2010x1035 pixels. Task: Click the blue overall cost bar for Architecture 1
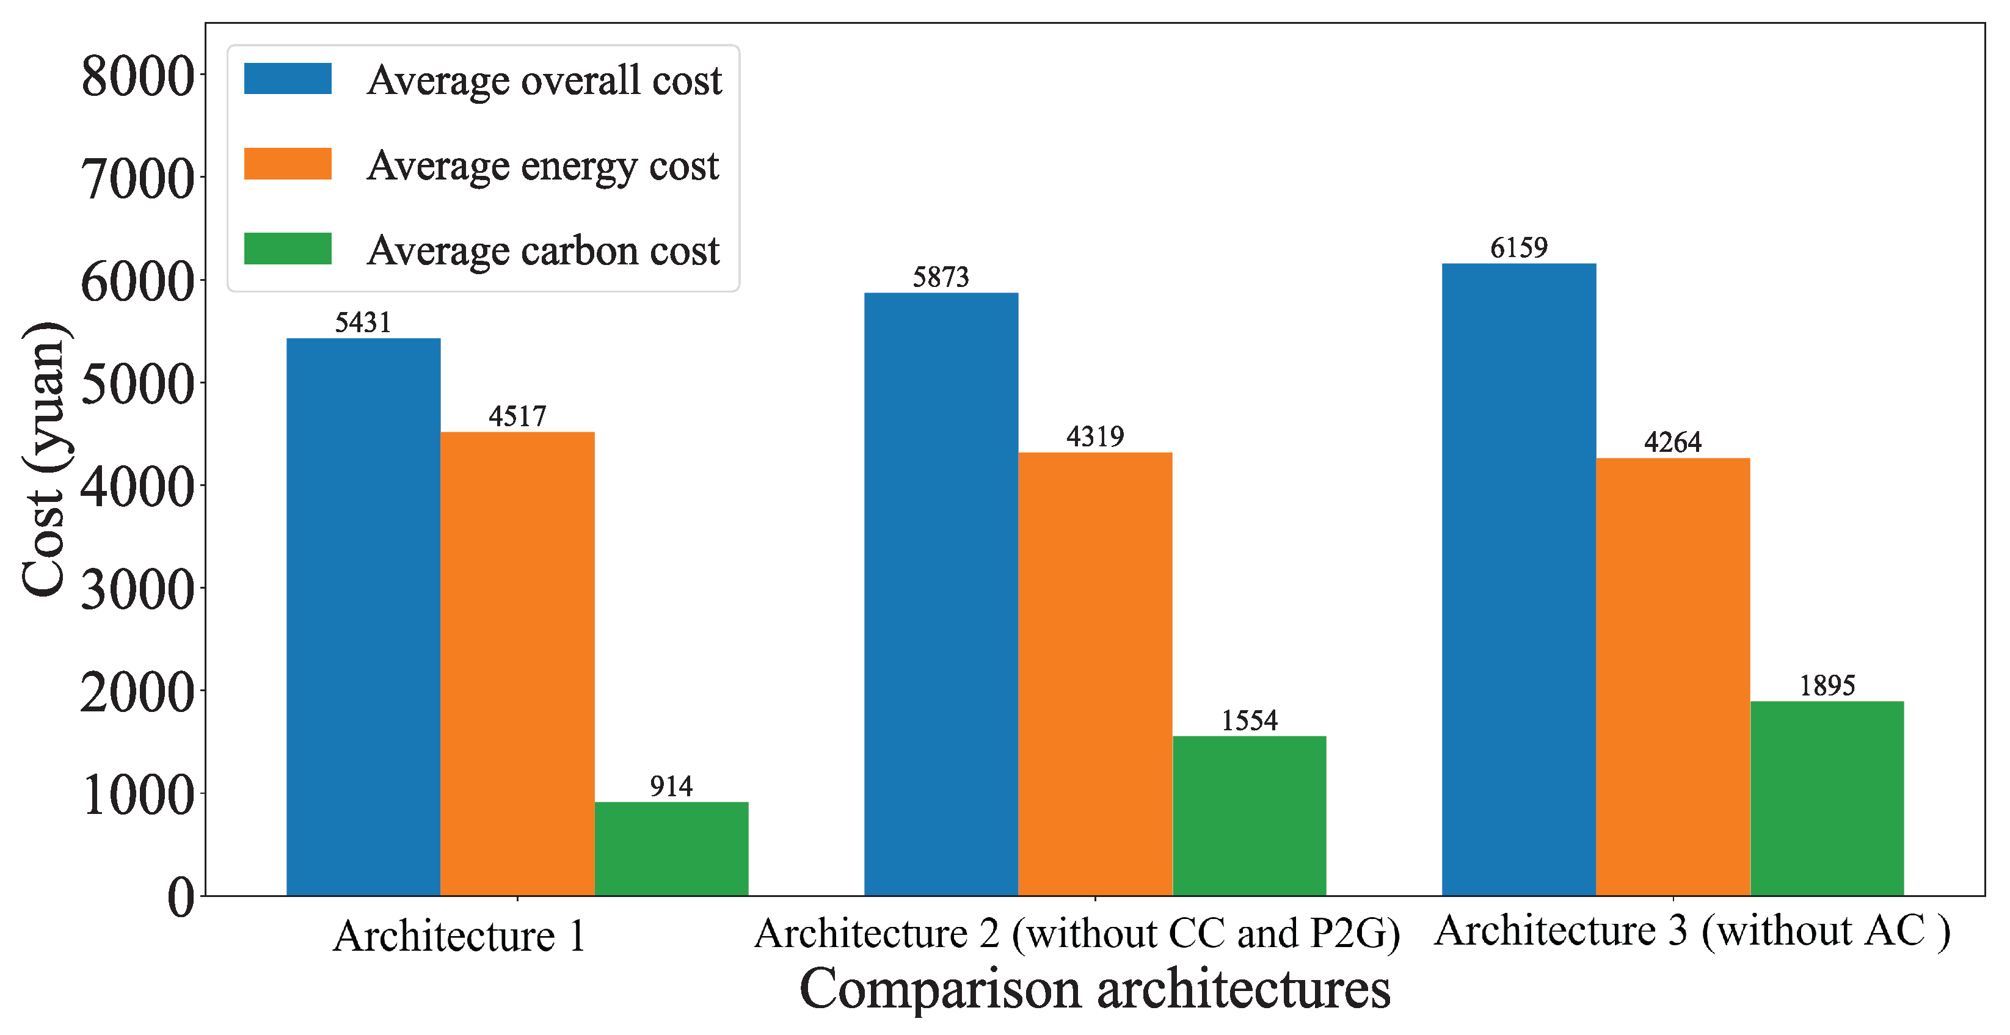click(363, 616)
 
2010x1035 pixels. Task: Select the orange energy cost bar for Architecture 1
click(517, 663)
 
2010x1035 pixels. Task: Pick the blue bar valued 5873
click(941, 593)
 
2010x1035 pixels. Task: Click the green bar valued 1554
click(1249, 815)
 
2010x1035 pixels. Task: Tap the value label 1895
click(1827, 686)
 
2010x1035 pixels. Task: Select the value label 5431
click(363, 322)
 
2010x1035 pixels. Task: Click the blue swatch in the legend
click(287, 79)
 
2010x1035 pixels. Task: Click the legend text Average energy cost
click(543, 165)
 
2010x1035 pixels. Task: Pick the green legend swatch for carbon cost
click(287, 249)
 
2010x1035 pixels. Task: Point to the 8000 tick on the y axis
click(137, 76)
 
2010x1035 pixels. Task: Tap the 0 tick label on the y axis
click(181, 897)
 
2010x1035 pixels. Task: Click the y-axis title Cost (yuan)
click(45, 460)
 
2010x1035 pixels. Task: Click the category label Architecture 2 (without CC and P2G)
click(1077, 934)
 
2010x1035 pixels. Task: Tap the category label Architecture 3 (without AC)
click(1692, 931)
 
